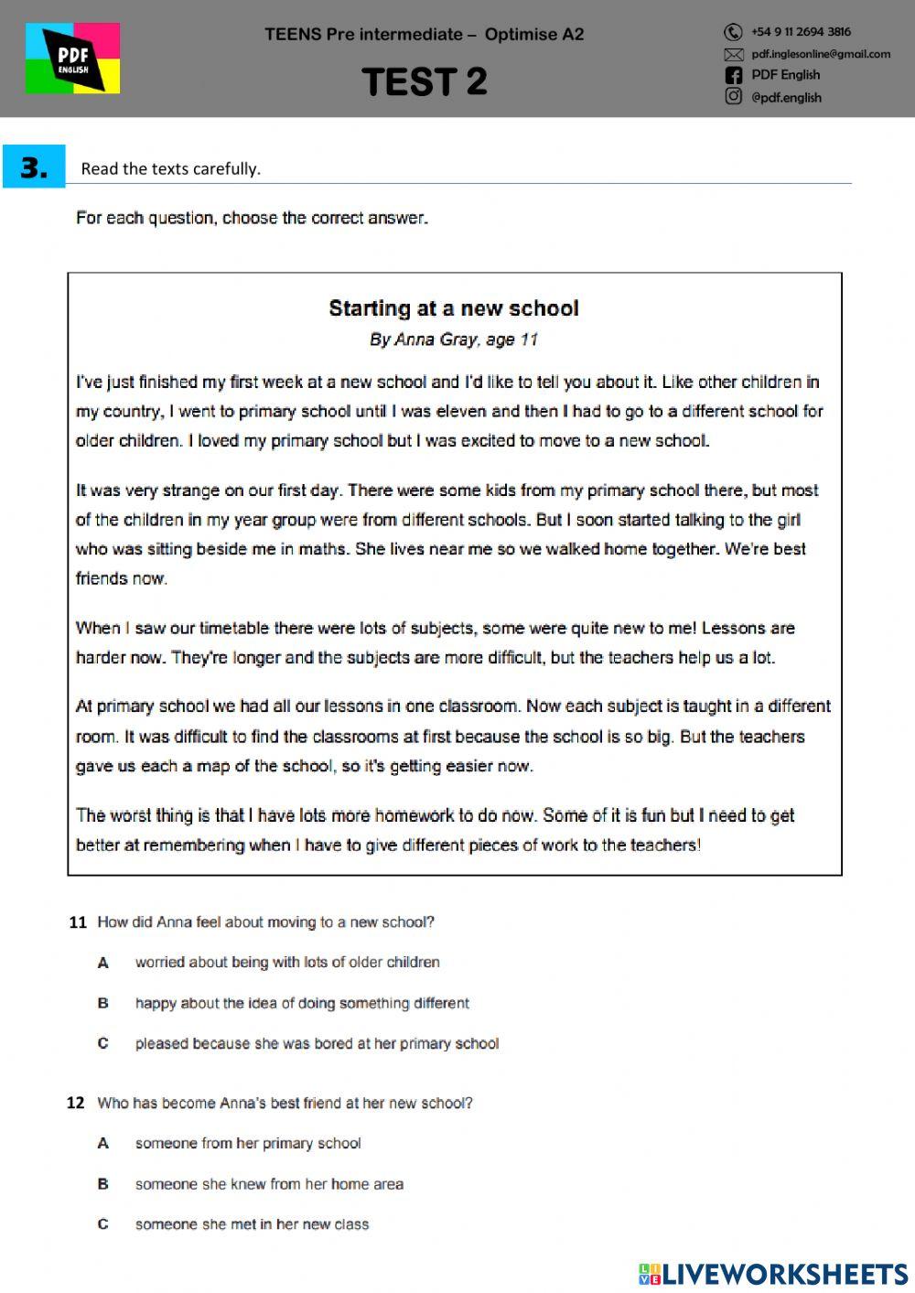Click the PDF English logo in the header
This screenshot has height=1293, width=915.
72,59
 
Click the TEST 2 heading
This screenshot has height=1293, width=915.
425,82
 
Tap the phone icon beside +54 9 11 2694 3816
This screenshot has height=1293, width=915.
733,32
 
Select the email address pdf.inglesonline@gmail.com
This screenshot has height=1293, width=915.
820,54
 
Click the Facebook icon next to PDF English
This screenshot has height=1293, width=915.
733,75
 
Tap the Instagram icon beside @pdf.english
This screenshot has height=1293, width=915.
733,96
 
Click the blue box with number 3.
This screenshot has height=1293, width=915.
34,167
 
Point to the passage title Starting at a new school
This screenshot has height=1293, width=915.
454,308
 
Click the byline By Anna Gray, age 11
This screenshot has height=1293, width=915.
454,339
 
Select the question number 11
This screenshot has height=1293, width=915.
77,922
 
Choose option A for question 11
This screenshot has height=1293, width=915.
102,963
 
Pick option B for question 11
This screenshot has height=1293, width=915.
102,1004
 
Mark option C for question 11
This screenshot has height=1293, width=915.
102,1044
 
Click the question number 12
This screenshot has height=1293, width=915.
76,1104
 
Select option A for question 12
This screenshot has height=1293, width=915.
102,1144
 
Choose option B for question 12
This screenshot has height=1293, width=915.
102,1184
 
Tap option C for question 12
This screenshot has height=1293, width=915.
102,1224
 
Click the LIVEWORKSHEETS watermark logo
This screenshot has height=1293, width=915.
773,1274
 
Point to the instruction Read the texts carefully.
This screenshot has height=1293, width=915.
171,169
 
